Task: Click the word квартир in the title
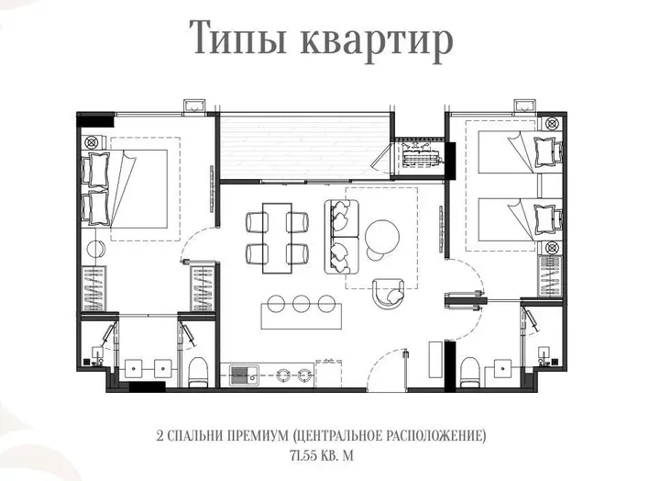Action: pos(377,41)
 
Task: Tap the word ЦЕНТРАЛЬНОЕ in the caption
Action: pos(337,435)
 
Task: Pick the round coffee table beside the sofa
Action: pos(382,236)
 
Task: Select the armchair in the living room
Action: pos(389,293)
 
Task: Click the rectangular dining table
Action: pos(277,238)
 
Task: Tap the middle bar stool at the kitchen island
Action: pos(302,303)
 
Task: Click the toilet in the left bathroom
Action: pos(197,372)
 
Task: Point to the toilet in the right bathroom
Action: pos(470,372)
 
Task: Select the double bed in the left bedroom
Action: pos(125,189)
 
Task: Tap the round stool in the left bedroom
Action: pos(96,248)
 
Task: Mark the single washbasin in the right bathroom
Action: pos(503,368)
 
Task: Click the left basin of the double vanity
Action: pos(134,368)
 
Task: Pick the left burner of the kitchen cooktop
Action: pos(283,375)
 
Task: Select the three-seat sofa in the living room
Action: pos(341,237)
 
